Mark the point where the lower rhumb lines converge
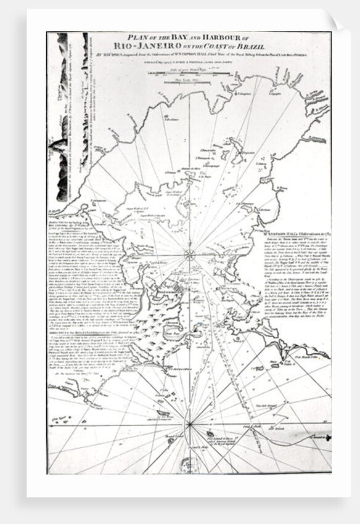point(191,424)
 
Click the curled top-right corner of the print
point(333,21)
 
